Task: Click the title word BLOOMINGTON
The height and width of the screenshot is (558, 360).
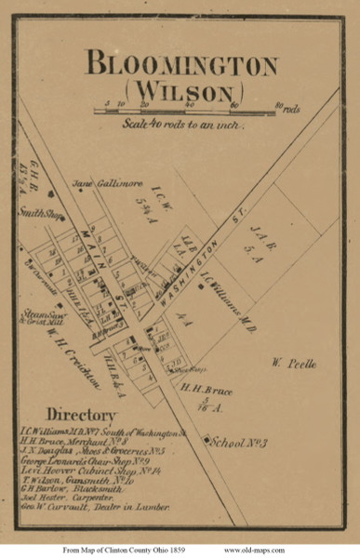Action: (181, 66)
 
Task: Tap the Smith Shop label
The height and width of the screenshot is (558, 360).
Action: (36, 212)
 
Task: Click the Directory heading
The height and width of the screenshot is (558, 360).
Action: (83, 414)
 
